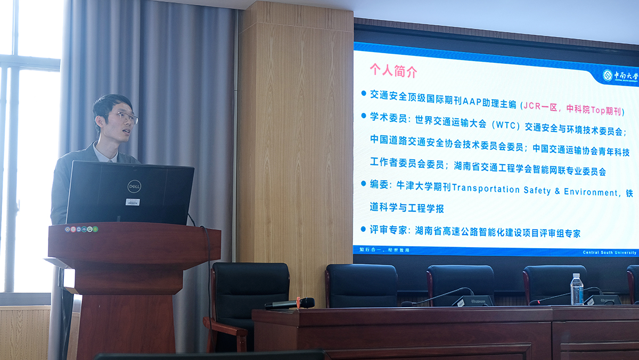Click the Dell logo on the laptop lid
pyautogui.click(x=134, y=186)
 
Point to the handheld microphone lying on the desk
pyautogui.click(x=290, y=304)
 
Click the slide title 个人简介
pyautogui.click(x=394, y=71)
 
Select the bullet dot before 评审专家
pyautogui.click(x=364, y=228)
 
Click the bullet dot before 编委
pyautogui.click(x=364, y=183)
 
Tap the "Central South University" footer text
pyautogui.click(x=609, y=252)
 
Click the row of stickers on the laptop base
pyautogui.click(x=82, y=229)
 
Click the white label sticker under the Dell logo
pyautogui.click(x=133, y=202)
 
